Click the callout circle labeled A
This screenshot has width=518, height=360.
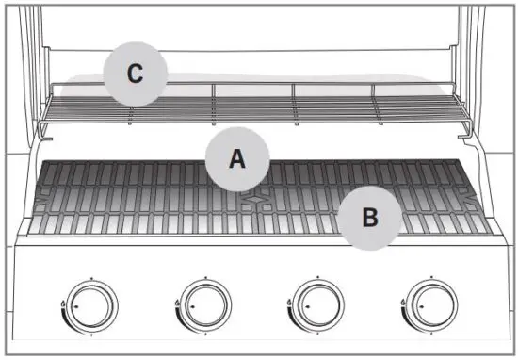coord(237,158)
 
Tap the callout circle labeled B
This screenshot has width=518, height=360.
coord(370,217)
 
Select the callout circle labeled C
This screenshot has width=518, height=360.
coord(135,74)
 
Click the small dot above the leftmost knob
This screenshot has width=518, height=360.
coord(92,278)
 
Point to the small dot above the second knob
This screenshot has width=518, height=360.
coord(206,278)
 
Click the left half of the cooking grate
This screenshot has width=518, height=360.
coord(141,198)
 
